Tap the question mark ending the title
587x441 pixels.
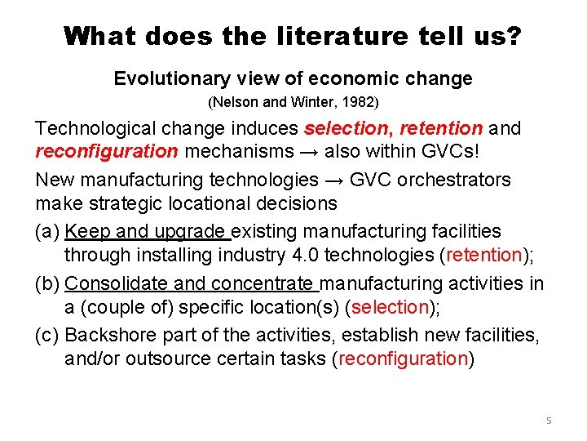pos(514,35)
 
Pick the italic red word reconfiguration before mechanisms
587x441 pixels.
pos(107,151)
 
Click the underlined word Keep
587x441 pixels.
pos(84,231)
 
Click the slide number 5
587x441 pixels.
pos(549,421)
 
